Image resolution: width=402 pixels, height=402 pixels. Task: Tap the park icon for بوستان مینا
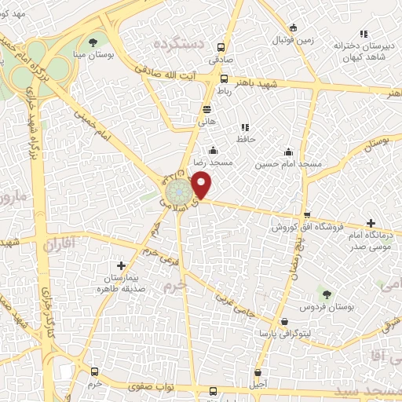93,41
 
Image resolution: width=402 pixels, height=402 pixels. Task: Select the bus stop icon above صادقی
221,46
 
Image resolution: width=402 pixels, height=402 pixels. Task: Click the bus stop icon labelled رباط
225,79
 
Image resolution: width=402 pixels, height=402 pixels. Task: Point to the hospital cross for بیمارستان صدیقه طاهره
119,266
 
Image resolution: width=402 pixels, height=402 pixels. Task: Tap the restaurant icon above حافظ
245,126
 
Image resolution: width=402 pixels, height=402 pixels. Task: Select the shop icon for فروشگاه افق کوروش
307,215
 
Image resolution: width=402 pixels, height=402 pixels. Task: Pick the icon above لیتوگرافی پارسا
283,322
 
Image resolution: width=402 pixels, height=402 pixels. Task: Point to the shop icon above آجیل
258,372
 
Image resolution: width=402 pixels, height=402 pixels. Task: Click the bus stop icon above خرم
95,371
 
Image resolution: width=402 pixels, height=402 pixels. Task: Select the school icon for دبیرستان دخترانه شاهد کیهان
363,34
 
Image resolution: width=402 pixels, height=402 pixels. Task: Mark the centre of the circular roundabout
176,192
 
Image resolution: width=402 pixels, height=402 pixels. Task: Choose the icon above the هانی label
206,109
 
